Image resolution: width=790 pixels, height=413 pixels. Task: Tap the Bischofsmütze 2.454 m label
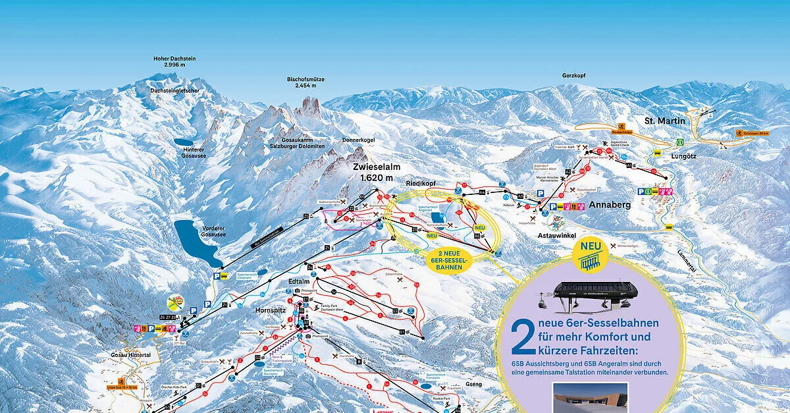pyautogui.click(x=305, y=82)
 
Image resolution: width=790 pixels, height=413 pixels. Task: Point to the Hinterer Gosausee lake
pyautogui.click(x=184, y=142)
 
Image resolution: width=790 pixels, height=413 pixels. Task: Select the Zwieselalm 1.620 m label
pyautogui.click(x=376, y=173)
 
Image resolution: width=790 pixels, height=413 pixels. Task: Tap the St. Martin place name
pyautogui.click(x=665, y=121)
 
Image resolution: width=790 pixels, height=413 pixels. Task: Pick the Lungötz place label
pyautogui.click(x=683, y=156)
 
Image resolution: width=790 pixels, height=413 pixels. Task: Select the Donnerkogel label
pyautogui.click(x=357, y=140)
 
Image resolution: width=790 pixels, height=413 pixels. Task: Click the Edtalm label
pyautogui.click(x=299, y=281)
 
